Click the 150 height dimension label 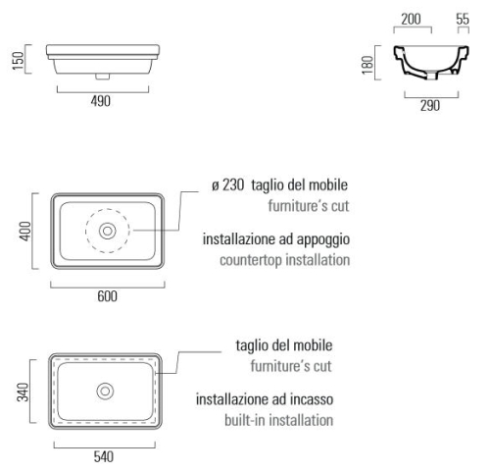[19, 61]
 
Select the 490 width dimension [101, 101]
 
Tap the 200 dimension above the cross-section [411, 19]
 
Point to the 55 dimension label [463, 19]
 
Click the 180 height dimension [367, 65]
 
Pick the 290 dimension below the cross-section [430, 106]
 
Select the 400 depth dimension [25, 232]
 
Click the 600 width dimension [107, 296]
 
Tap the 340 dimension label [23, 392]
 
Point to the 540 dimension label [104, 457]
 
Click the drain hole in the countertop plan [108, 231]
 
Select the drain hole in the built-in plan [105, 392]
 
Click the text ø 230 [228, 185]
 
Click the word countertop [251, 260]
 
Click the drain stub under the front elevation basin [102, 77]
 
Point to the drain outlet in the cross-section [432, 75]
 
